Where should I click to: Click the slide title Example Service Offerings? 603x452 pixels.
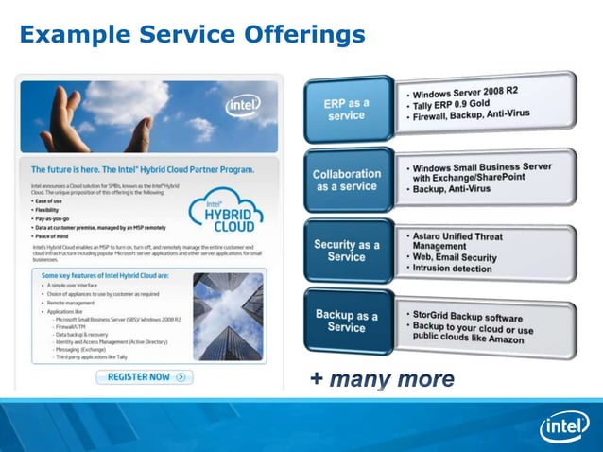[192, 35]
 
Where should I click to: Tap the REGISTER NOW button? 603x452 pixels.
[144, 376]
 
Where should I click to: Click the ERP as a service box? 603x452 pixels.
[346, 109]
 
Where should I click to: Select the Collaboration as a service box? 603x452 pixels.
[347, 180]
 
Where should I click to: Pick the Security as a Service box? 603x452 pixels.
[347, 251]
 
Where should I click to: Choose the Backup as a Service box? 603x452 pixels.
[346, 322]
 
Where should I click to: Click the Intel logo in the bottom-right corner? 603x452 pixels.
[563, 426]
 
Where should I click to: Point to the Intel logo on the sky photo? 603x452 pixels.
[243, 105]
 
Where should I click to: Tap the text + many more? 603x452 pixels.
[382, 380]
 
